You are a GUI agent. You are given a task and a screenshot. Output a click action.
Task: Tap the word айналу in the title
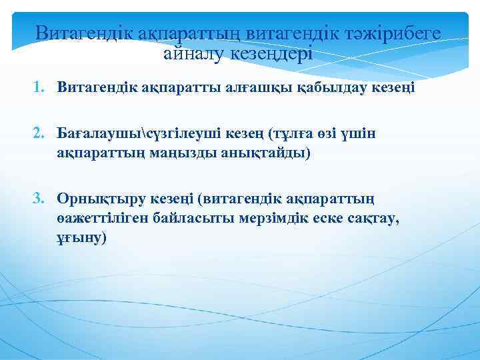pyautogui.click(x=193, y=53)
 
